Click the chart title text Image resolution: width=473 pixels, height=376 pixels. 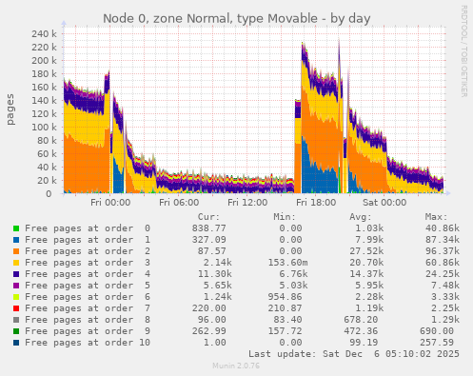(x=237, y=18)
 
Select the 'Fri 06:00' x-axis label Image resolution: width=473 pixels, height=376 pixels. (x=179, y=203)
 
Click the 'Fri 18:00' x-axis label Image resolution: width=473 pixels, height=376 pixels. (x=316, y=203)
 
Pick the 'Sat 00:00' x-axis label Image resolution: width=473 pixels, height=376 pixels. (x=384, y=203)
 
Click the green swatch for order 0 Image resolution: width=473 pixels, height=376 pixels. (x=15, y=228)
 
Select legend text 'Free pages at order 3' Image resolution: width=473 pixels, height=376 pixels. (x=87, y=262)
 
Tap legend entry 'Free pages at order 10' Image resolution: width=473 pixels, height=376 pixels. (x=87, y=342)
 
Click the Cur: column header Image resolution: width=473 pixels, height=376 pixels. (x=208, y=217)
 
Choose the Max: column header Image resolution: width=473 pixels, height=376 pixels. (x=437, y=217)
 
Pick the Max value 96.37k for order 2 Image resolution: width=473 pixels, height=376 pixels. (x=441, y=250)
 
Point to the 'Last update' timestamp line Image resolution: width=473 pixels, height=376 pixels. (x=360, y=354)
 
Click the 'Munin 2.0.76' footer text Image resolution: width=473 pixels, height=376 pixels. (x=236, y=366)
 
